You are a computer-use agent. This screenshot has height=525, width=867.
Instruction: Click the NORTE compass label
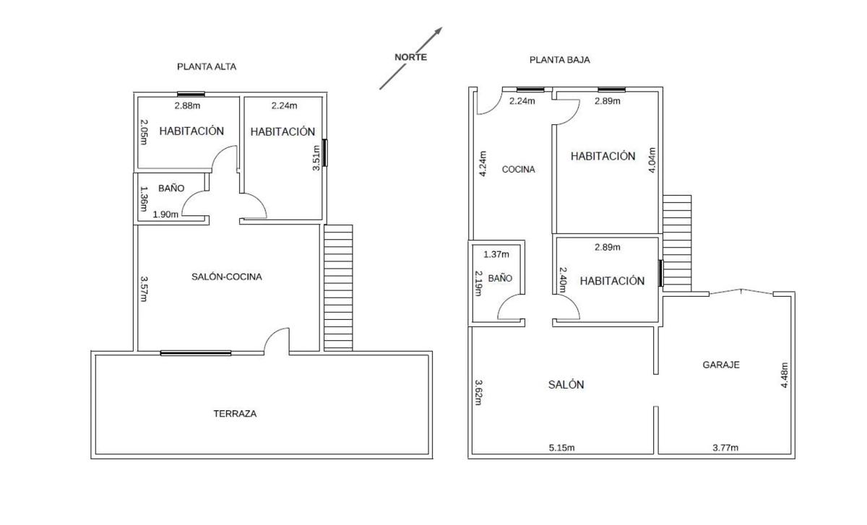point(410,57)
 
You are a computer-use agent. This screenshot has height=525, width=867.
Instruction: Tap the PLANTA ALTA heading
point(207,66)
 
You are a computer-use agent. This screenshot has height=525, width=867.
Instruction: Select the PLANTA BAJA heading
point(560,60)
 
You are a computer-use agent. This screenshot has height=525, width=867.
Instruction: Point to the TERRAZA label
point(235,414)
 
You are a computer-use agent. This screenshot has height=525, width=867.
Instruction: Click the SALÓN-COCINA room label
point(227,277)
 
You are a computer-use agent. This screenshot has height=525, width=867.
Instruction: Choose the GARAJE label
point(721,365)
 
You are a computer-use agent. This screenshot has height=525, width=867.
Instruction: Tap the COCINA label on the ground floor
point(518,169)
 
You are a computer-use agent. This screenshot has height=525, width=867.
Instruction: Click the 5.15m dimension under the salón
point(561,448)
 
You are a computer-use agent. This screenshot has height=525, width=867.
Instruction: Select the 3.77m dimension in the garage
point(725,448)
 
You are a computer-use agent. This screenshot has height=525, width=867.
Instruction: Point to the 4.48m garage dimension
point(784,375)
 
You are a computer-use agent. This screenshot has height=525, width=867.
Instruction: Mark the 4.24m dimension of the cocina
point(483,164)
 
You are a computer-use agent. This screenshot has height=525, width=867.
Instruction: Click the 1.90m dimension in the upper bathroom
point(165,214)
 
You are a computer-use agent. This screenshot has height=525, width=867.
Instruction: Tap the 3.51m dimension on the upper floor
point(316,158)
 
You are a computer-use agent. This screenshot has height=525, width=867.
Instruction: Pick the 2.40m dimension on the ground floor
point(562,279)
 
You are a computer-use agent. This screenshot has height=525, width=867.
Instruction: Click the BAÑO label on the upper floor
point(171,188)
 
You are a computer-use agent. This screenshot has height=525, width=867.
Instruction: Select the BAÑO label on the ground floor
point(500,278)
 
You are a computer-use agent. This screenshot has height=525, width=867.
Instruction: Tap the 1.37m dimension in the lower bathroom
point(496,254)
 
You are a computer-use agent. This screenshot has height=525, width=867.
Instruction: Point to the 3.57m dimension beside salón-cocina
point(144,289)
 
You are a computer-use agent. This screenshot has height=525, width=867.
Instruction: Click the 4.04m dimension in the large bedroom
point(652,160)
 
